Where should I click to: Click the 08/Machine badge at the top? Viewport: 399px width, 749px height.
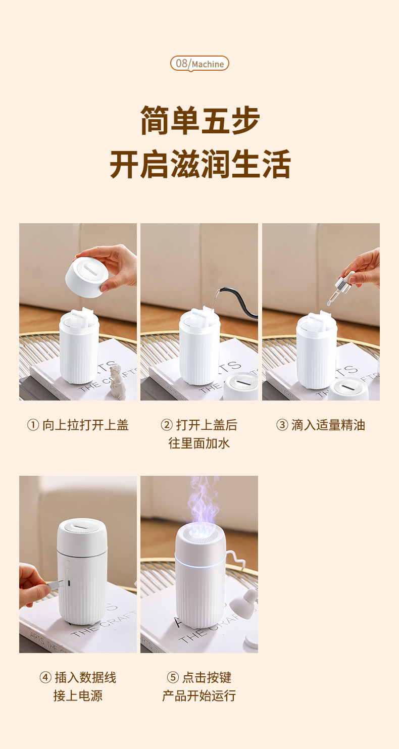click(x=199, y=64)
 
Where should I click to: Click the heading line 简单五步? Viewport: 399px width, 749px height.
click(x=199, y=121)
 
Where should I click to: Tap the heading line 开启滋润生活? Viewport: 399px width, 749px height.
click(x=199, y=164)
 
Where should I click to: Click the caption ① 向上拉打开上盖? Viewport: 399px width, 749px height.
click(x=78, y=425)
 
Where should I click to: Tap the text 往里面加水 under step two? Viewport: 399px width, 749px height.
click(x=199, y=443)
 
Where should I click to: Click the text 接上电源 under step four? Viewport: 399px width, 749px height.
click(x=78, y=696)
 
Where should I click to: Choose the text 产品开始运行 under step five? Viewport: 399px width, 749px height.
click(x=199, y=696)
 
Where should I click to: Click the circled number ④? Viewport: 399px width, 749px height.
click(x=45, y=678)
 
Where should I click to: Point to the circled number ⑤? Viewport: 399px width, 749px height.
click(x=173, y=678)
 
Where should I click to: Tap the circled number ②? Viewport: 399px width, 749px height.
click(x=167, y=425)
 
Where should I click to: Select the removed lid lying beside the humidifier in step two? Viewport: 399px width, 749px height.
click(x=241, y=386)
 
